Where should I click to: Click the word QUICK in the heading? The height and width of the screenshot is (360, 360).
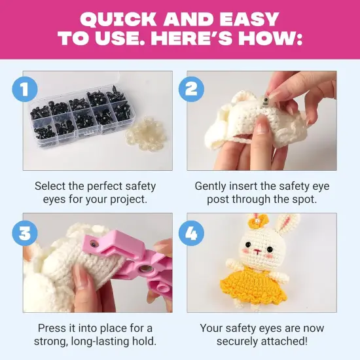[x=118, y=18]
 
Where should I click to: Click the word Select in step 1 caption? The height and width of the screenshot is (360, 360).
[x=50, y=186]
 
